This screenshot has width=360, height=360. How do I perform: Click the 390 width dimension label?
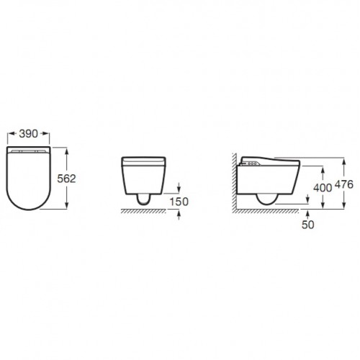pos(29,134)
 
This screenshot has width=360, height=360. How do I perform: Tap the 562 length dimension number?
pos(66,179)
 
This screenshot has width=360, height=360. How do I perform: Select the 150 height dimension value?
pos(179,202)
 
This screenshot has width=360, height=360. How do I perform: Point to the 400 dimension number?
pos(323,188)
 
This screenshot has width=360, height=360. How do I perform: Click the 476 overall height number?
pos(344,184)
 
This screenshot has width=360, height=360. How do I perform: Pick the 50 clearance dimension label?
pos(308,225)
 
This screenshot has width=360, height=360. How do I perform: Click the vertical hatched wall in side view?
pos(234,181)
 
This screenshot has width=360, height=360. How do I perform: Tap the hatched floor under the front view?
pos(143,211)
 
